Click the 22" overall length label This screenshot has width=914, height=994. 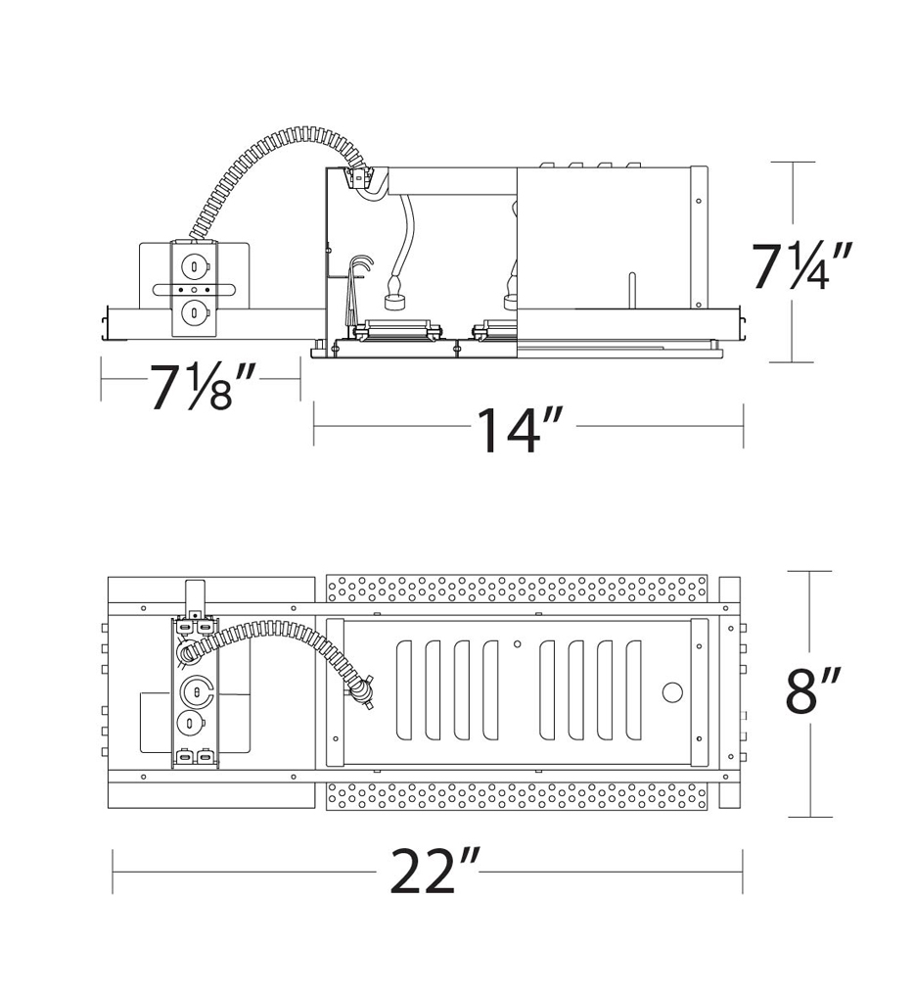pos(434,871)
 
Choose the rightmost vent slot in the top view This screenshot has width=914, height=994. pos(633,691)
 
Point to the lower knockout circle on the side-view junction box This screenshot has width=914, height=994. pos(196,313)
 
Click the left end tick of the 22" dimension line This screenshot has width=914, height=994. pos(114,871)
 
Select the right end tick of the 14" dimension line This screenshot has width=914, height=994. pos(744,426)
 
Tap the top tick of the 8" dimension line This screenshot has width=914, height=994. pos(810,571)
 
